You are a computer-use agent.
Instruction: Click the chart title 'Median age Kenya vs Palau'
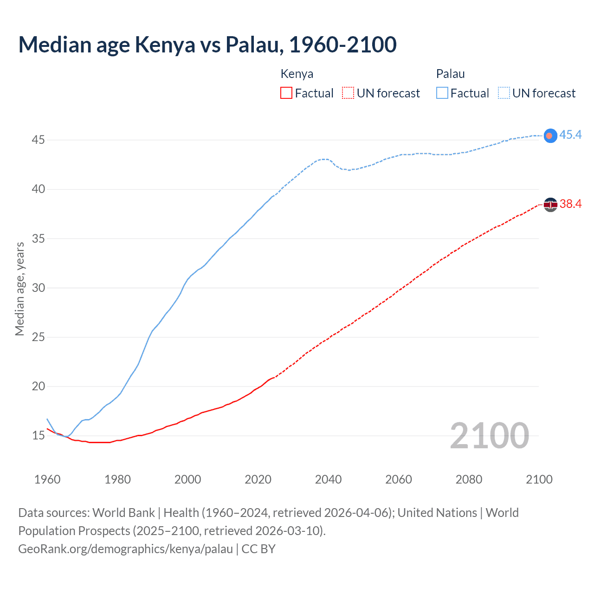pos(207,45)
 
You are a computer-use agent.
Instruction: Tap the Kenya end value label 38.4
pos(570,204)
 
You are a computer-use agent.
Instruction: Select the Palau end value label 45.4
pos(570,135)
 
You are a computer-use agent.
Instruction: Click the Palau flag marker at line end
pos(550,136)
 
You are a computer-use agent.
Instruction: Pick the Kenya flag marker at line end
pos(550,204)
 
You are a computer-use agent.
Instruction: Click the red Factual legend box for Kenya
pos(286,93)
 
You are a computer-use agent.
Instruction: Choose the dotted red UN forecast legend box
pos(348,93)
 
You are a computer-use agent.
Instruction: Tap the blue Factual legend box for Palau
pos(442,93)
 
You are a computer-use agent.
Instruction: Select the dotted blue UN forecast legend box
pos(504,93)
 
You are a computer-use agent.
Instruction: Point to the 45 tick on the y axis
pos(38,140)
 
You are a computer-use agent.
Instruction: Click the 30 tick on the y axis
pos(38,288)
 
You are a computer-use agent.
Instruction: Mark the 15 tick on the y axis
pos(38,435)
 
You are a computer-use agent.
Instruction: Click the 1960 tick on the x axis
pos(47,479)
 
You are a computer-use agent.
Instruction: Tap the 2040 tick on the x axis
pos(328,479)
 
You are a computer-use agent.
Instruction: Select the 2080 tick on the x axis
pos(469,479)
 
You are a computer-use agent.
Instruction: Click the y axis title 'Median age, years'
pos(19,289)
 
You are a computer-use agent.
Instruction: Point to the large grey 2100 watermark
pos(489,435)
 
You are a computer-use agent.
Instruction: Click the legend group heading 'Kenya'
pos(297,74)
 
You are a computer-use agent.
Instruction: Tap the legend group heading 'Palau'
pos(450,74)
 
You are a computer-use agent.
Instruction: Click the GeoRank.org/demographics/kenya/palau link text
pos(125,549)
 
